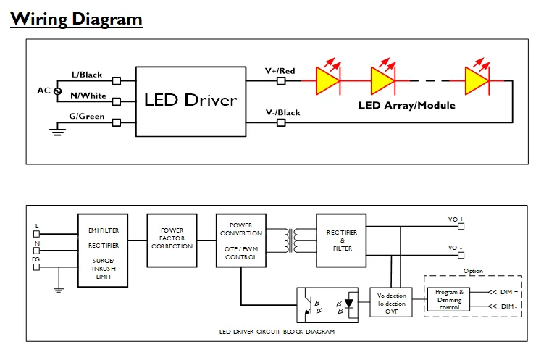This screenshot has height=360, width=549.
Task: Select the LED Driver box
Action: coord(190,100)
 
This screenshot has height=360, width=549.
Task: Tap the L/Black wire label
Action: coord(87,75)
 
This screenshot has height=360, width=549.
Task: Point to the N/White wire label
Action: coord(88,95)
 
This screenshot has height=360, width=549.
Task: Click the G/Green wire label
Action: coord(87,115)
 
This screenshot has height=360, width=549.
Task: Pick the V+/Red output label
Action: coord(280,71)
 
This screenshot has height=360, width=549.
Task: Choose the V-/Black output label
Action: coord(282,113)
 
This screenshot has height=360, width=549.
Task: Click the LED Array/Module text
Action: coord(407,105)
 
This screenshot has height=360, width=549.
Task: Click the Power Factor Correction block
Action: coord(172,238)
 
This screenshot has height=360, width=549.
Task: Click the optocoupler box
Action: coord(330,304)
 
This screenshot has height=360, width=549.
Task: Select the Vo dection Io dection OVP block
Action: coord(392,304)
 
